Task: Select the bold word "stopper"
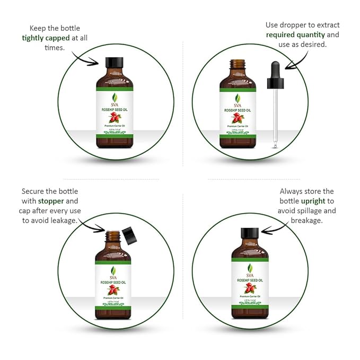click(50, 201)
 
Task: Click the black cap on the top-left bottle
click(113, 62)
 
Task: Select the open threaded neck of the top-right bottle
click(237, 65)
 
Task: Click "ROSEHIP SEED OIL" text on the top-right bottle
click(237, 110)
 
